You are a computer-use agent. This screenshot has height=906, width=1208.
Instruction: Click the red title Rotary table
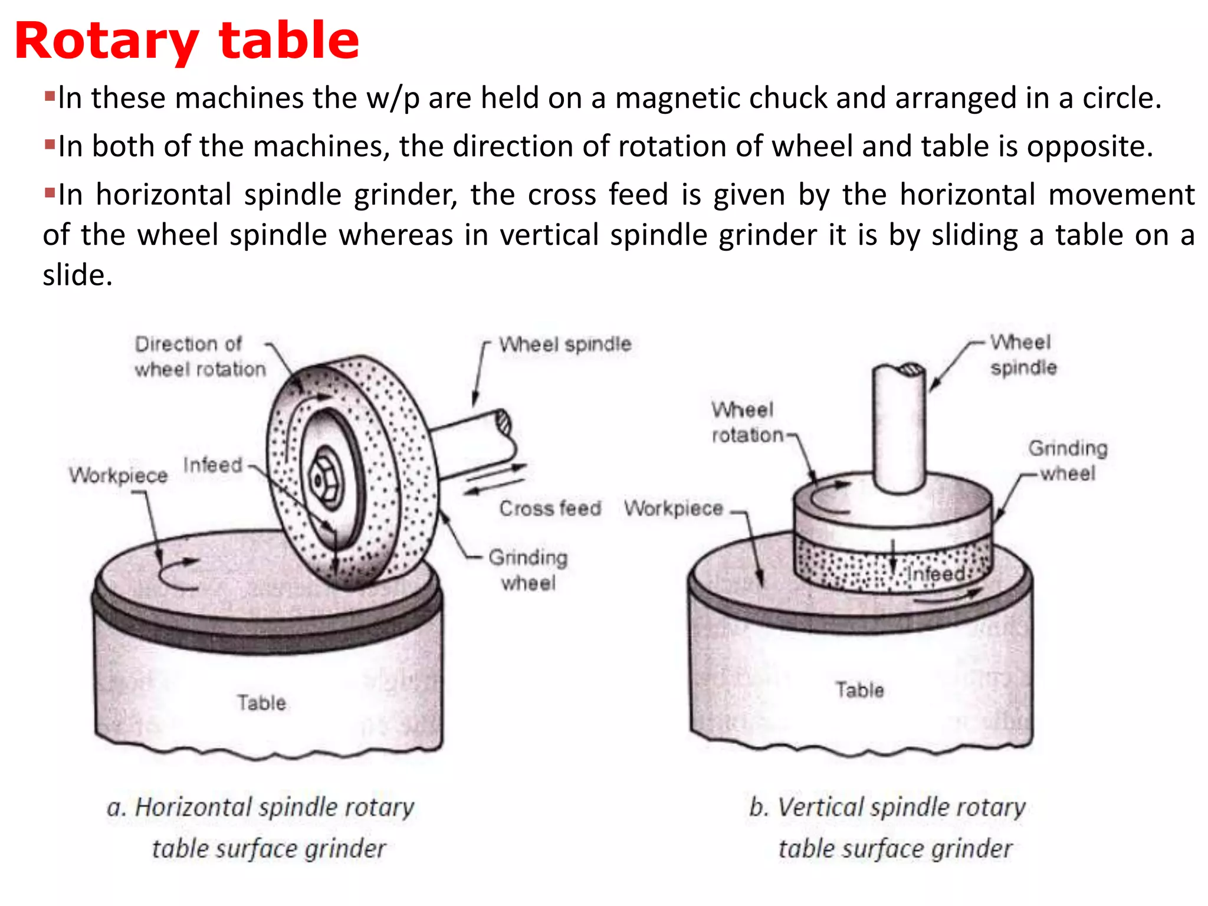186,41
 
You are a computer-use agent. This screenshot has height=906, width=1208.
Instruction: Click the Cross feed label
550,508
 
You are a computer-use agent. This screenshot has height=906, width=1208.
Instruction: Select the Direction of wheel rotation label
199,356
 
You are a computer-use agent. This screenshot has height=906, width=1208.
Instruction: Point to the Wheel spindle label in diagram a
564,344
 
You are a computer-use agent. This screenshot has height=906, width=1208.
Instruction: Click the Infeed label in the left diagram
212,465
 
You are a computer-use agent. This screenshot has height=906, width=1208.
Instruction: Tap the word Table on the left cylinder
261,703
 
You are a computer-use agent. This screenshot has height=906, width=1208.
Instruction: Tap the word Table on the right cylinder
859,690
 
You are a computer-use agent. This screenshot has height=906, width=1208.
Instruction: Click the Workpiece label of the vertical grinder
673,508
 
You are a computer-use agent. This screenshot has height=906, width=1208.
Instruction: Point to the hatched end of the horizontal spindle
503,423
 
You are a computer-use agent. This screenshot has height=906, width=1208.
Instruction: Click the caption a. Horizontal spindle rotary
260,807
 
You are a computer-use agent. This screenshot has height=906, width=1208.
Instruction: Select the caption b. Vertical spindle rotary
887,807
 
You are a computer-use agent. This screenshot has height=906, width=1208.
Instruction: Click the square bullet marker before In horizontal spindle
50,192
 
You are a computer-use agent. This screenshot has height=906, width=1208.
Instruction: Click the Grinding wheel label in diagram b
1067,461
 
